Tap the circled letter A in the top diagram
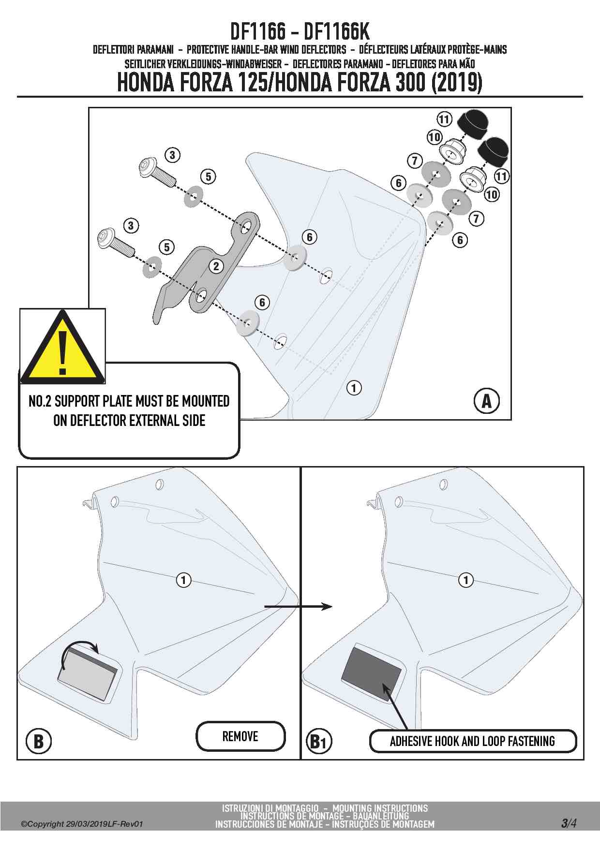click(486, 401)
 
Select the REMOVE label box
click(240, 736)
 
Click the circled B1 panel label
click(319, 741)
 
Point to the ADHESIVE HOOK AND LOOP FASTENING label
click(473, 741)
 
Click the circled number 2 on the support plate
click(216, 265)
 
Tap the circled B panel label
click(39, 741)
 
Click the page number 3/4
click(569, 823)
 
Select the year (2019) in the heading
click(456, 83)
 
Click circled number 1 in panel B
click(183, 579)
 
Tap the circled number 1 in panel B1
click(466, 579)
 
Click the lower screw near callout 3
click(115, 244)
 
